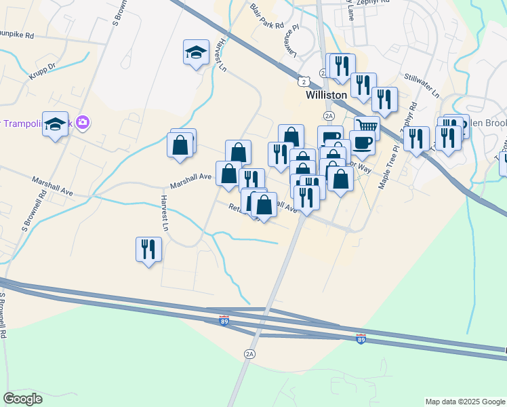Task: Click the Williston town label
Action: [x=327, y=96]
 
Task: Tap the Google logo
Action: [x=23, y=399]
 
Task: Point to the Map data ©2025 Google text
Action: [x=465, y=402]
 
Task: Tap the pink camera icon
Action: [x=83, y=123]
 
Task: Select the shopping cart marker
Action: [x=367, y=127]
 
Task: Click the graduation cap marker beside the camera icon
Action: [x=56, y=123]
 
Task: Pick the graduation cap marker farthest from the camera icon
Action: [x=196, y=52]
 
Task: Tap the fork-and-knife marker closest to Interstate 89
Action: [x=148, y=249]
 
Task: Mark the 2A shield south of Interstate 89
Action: [x=250, y=354]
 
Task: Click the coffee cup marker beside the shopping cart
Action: [x=363, y=143]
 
